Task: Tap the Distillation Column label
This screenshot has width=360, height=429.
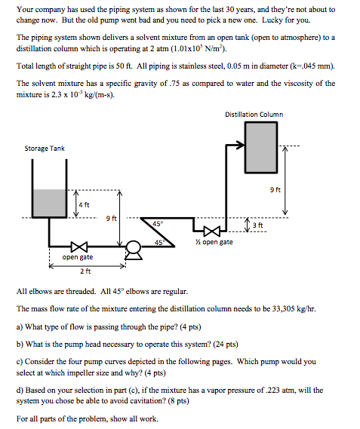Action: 254,114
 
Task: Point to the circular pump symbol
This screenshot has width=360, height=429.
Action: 134,245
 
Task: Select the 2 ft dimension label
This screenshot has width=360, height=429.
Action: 85,271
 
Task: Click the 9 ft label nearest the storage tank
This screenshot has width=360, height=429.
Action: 112,218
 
